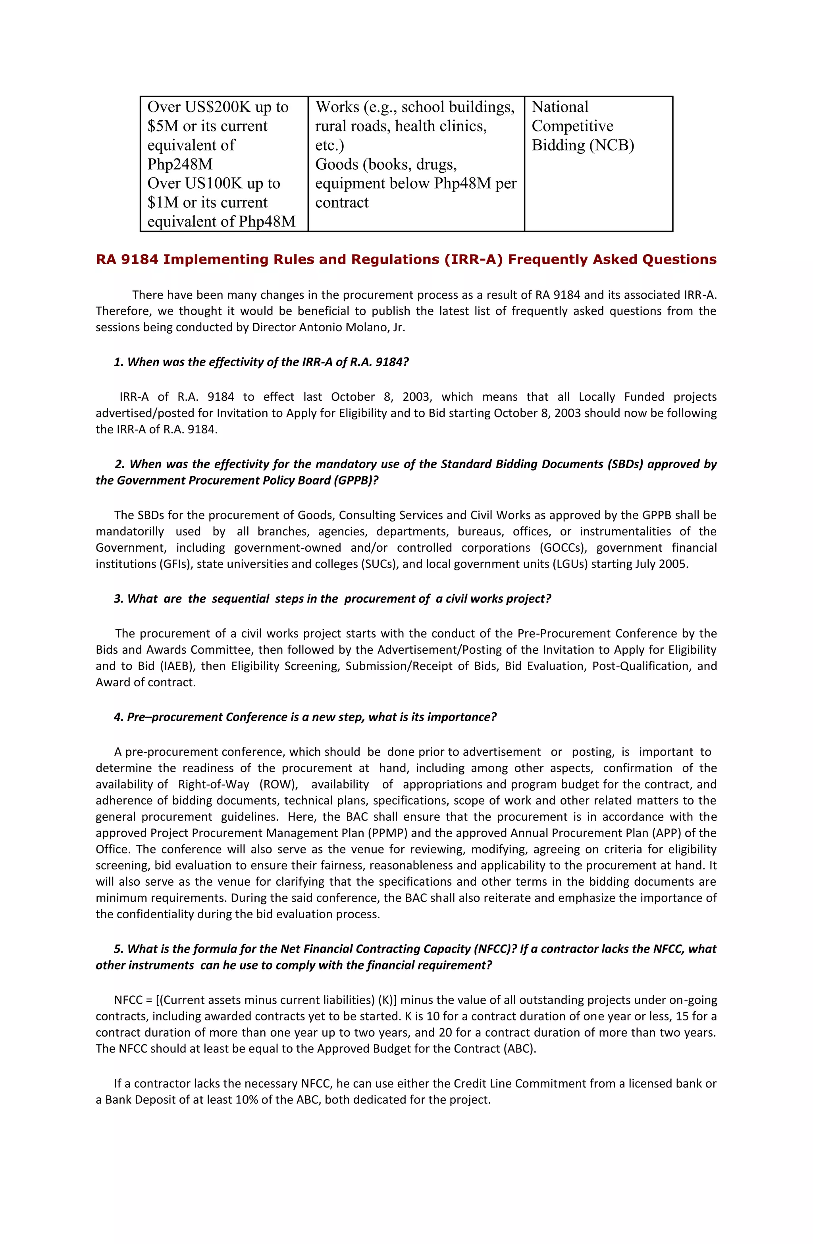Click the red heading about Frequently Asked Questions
(x=406, y=259)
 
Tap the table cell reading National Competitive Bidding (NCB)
(x=583, y=126)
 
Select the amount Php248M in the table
(x=180, y=164)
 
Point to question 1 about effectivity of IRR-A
(x=261, y=362)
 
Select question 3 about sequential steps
(x=332, y=599)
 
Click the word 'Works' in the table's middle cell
(x=337, y=107)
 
